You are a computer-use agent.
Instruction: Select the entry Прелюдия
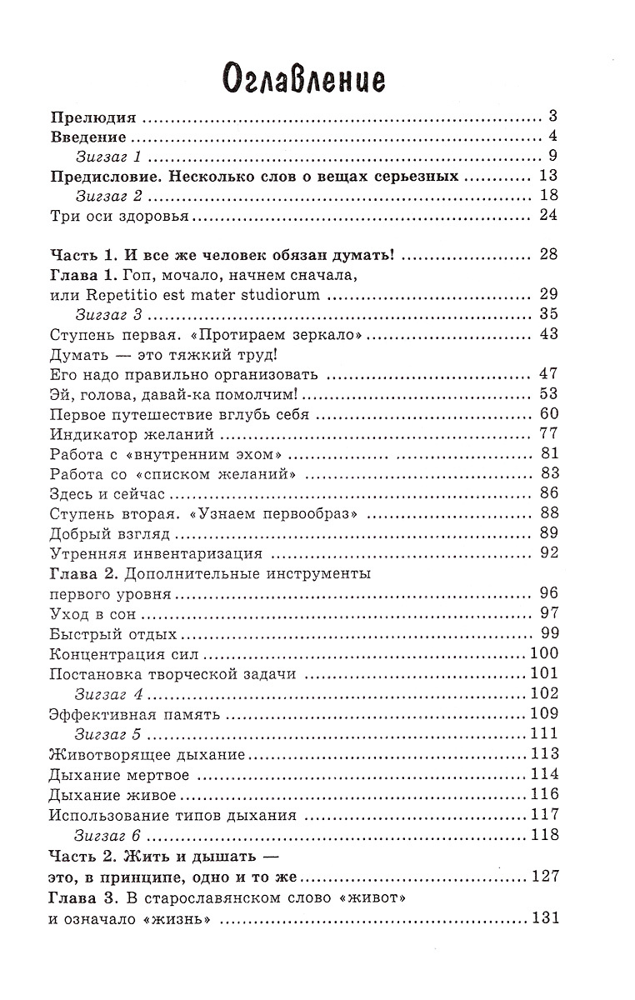93,117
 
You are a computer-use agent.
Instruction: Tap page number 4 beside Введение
552,137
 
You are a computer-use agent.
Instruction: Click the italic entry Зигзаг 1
110,157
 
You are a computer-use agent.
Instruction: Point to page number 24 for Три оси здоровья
547,217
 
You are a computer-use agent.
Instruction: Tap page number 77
547,434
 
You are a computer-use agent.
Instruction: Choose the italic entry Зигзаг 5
110,734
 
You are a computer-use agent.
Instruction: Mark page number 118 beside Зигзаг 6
543,834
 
